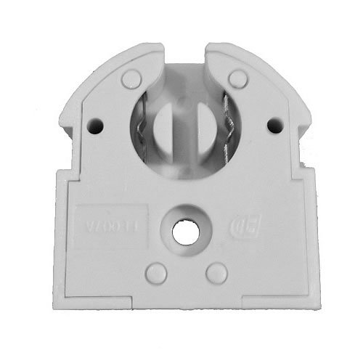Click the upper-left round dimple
130,77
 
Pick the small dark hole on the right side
274,125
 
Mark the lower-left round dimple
155,273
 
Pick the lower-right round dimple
216,273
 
